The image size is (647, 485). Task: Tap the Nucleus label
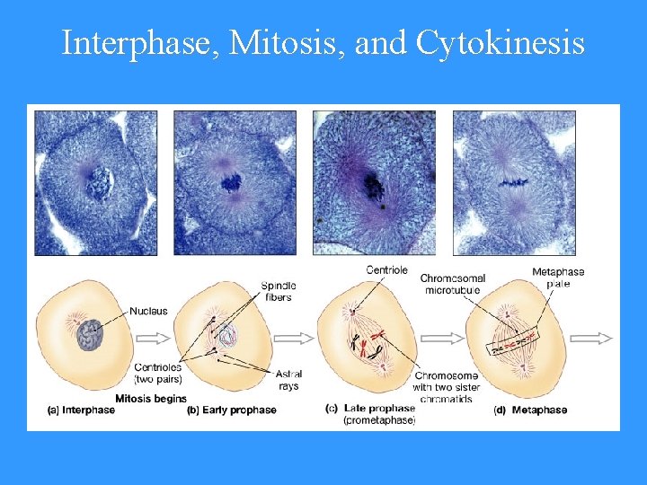[x=149, y=311]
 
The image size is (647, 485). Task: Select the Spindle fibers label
[x=279, y=291]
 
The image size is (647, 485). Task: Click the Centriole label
[x=386, y=269]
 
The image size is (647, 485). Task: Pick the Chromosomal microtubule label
[x=451, y=284]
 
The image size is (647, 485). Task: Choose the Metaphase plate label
[x=557, y=278]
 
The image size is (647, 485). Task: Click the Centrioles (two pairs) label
[x=158, y=372]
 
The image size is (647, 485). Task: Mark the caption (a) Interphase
[x=81, y=410]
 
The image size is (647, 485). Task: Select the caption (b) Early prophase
[x=231, y=410]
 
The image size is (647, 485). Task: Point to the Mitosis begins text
[x=151, y=398]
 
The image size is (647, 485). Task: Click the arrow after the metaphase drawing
[x=593, y=338]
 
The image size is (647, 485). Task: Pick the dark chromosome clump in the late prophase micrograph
[x=372, y=187]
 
